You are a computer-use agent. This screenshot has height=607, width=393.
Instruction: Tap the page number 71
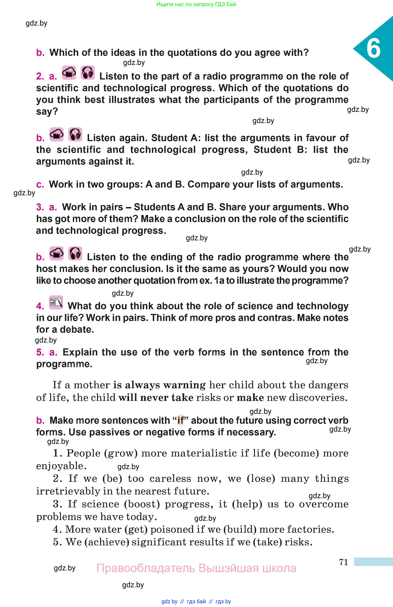pos(344,562)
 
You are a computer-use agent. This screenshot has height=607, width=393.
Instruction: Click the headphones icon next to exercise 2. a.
pos(88,73)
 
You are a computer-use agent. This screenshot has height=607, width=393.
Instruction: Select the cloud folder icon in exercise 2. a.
pos(69,73)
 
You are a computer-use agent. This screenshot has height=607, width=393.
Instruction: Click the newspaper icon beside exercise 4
pos(56,302)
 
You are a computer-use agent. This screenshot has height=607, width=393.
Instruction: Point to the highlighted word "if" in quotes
pos(180,420)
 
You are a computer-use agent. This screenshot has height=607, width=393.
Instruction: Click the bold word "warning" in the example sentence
pos(184,385)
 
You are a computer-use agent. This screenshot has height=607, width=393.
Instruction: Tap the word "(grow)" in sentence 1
pos(121,453)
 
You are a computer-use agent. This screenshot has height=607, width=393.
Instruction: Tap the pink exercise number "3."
pos(40,207)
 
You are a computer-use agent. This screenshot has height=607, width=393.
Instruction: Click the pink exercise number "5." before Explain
pos(40,352)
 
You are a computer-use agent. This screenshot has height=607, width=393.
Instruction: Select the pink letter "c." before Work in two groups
pos(40,184)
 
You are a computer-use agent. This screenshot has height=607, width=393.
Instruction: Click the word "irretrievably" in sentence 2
pos(68,491)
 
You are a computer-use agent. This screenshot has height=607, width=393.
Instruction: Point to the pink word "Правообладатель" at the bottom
pos(146,568)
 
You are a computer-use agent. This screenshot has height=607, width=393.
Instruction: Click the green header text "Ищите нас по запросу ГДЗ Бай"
pos(196,4)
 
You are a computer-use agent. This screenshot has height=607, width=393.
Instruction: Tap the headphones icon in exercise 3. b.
pos(75,253)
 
